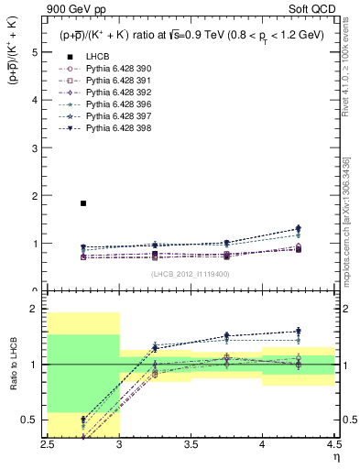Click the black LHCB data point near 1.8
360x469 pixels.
coord(83,203)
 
